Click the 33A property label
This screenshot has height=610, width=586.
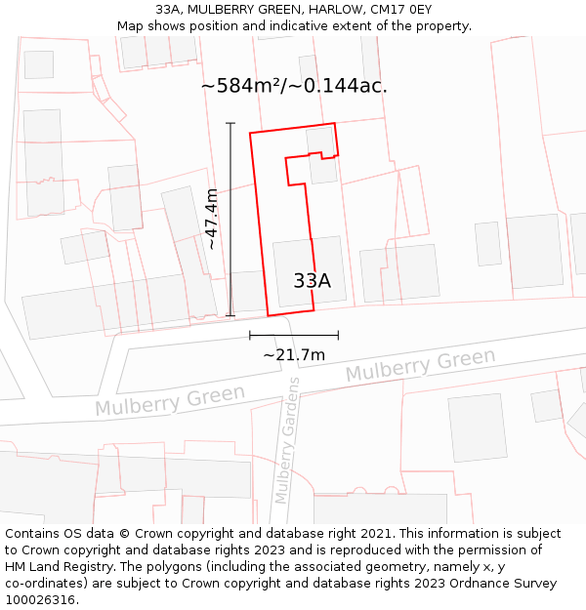click(x=312, y=281)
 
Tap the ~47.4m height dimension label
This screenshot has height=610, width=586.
click(x=211, y=220)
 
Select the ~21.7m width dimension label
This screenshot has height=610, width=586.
click(x=294, y=355)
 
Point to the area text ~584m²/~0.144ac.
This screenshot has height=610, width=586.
click(x=294, y=86)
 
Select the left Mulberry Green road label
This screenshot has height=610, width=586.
click(x=170, y=400)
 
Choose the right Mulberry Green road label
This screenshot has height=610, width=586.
click(x=420, y=366)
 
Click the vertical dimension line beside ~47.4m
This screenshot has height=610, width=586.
click(x=230, y=220)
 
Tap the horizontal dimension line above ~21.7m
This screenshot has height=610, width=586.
click(x=294, y=335)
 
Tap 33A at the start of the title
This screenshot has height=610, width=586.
click(x=167, y=10)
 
